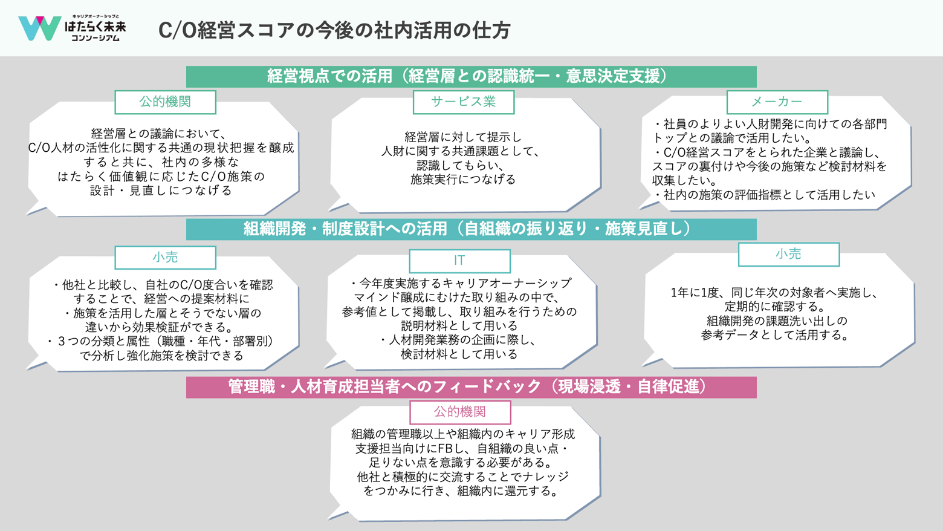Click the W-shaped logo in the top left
(39, 28)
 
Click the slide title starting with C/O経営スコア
(334, 30)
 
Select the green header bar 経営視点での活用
(471, 76)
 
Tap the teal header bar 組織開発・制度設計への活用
(471, 229)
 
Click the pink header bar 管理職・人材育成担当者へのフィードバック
(471, 387)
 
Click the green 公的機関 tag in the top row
(165, 102)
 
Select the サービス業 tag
(463, 102)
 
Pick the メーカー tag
(777, 102)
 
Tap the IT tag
(459, 261)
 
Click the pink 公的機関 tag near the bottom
(459, 412)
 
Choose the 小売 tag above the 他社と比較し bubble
(165, 258)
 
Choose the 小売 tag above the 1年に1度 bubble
(788, 255)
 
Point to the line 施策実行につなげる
(463, 180)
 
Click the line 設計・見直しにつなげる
(161, 191)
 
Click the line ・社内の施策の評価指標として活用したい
(764, 195)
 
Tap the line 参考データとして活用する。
(776, 335)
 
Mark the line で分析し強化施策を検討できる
(162, 356)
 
